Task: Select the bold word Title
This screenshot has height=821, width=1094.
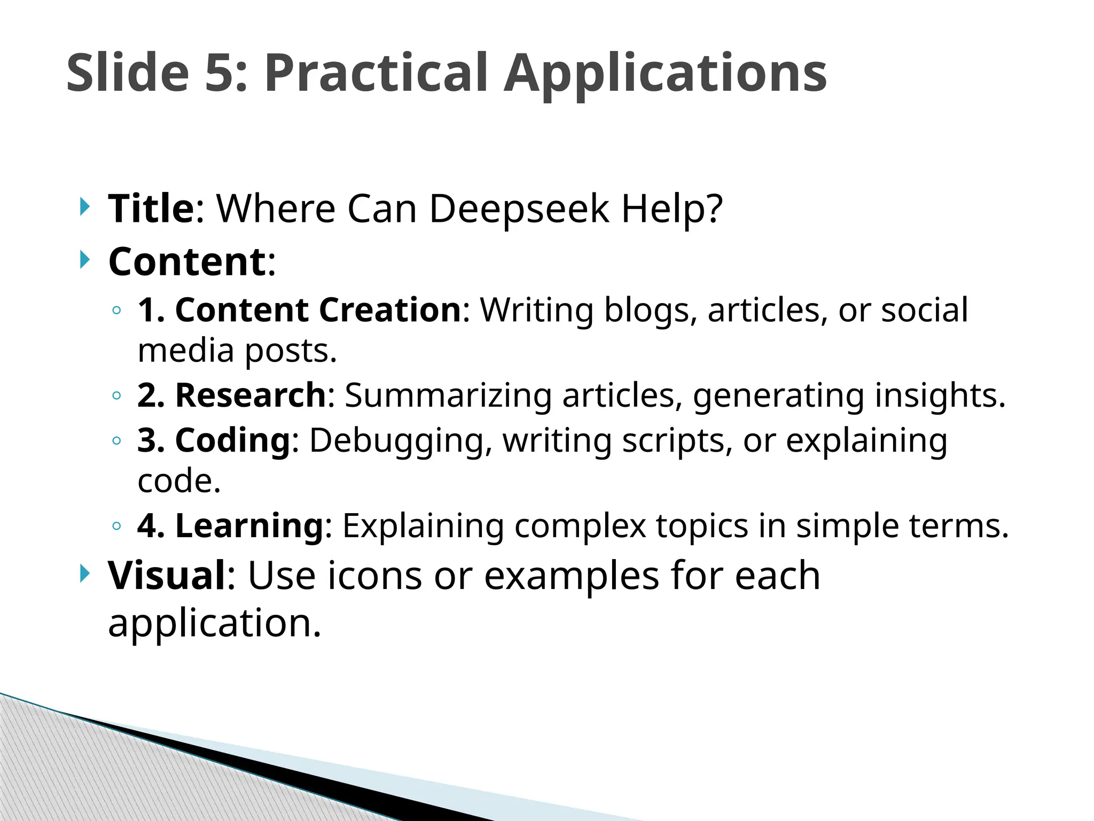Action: tap(151, 208)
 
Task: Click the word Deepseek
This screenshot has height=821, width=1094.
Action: tap(519, 209)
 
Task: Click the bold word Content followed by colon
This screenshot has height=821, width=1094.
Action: tap(187, 261)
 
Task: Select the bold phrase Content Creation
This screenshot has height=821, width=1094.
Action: tap(317, 309)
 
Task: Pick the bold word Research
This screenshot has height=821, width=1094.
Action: tap(250, 395)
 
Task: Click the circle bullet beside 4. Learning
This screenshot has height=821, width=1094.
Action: tap(116, 526)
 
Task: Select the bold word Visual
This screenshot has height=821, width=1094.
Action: tap(167, 576)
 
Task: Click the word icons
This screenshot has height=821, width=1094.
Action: tap(374, 576)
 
